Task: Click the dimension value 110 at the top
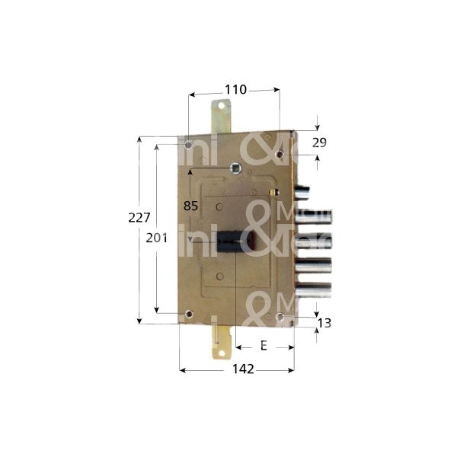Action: point(235,90)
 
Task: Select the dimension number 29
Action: point(319,143)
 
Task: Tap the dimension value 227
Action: point(138,217)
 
